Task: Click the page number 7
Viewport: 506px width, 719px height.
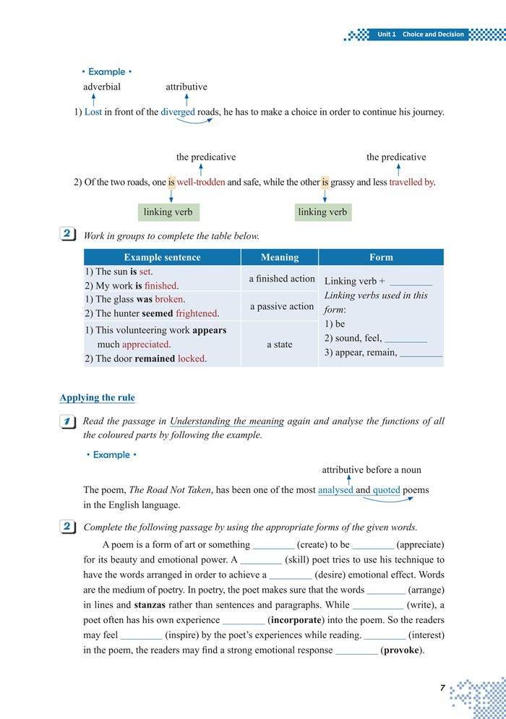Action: [x=442, y=688]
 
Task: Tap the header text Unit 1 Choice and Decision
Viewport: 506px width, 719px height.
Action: [x=422, y=35]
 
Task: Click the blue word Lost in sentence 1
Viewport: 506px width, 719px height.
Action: [x=93, y=112]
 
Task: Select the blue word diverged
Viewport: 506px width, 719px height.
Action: [x=178, y=112]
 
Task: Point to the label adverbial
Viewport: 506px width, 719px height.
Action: [x=102, y=87]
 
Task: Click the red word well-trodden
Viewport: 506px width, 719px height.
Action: [x=201, y=183]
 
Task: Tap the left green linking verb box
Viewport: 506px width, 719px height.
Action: [x=168, y=212]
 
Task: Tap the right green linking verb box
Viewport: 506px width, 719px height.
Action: [x=322, y=212]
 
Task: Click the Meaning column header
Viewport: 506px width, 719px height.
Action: [x=280, y=257]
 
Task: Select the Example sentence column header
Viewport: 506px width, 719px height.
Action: [x=162, y=257]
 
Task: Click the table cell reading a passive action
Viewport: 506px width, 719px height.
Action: [x=282, y=306]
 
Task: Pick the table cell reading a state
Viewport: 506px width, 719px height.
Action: [x=280, y=344]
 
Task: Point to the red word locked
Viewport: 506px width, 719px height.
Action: [x=192, y=358]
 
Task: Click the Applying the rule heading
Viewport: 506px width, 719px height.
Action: [x=97, y=398]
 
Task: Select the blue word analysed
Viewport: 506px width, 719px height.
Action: [x=335, y=489]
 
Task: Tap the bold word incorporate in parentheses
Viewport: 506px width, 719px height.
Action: [x=296, y=620]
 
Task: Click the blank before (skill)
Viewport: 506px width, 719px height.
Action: [x=260, y=559]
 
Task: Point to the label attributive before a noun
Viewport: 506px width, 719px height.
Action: [x=372, y=470]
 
